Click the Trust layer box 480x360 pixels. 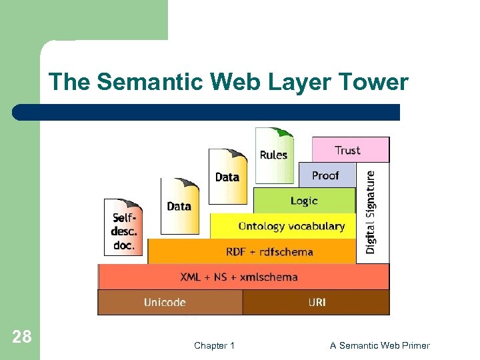(350, 150)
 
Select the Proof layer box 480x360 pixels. (327, 175)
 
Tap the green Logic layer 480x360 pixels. (304, 201)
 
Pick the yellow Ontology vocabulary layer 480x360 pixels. (283, 226)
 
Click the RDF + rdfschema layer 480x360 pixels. (252, 251)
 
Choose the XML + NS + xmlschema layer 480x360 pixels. (243, 277)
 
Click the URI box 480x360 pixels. (316, 302)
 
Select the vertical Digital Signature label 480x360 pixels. (371, 212)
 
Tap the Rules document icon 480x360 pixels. (274, 155)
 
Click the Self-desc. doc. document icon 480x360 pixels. (123, 227)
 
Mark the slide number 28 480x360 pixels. (22, 337)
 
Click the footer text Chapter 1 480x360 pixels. (214, 345)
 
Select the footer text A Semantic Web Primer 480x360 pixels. (380, 345)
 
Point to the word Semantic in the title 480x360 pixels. (151, 83)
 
